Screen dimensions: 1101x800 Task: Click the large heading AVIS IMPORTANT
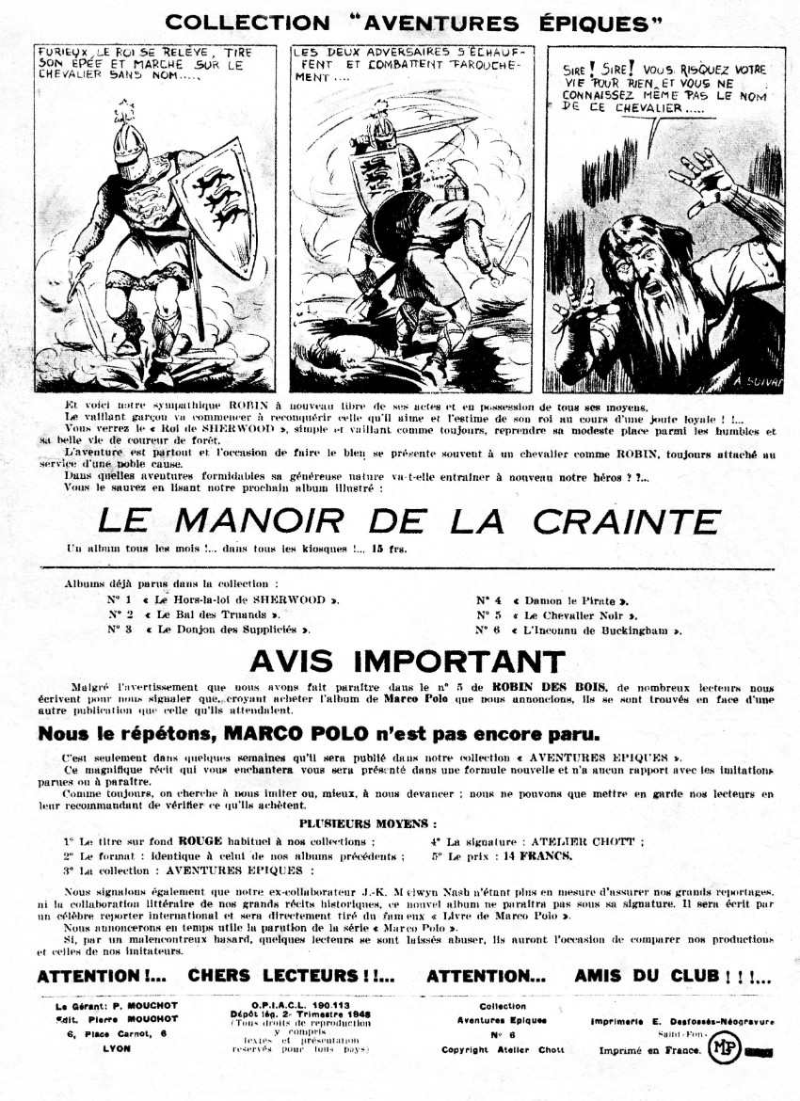pyautogui.click(x=408, y=662)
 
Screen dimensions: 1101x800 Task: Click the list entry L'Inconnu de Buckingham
pyautogui.click(x=597, y=629)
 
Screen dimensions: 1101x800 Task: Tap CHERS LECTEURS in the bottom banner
pyautogui.click(x=290, y=976)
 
